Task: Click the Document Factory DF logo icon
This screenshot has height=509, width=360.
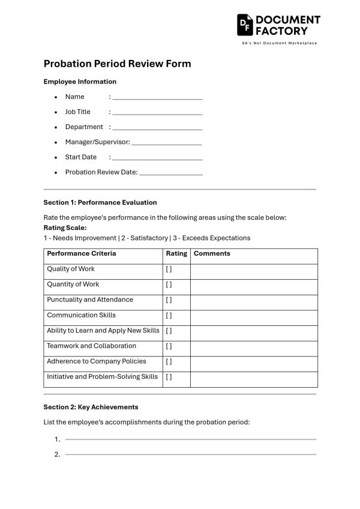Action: [x=245, y=25]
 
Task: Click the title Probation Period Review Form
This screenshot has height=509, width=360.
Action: [x=117, y=64]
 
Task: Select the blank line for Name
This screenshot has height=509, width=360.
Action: [x=157, y=97]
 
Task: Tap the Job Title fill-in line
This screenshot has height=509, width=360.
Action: [x=157, y=112]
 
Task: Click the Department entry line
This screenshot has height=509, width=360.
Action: [x=157, y=127]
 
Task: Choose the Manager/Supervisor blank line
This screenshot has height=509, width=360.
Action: [x=166, y=143]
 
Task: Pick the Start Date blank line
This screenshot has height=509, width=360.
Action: [x=157, y=158]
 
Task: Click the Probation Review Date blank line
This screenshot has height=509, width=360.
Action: [x=170, y=173]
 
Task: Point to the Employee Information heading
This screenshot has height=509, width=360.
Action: [x=80, y=82]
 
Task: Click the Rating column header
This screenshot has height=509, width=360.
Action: [x=176, y=254]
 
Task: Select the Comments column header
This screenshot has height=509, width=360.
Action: [x=212, y=254]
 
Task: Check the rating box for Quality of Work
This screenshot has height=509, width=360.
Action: [x=169, y=270]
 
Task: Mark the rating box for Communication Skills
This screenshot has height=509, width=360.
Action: [x=169, y=316]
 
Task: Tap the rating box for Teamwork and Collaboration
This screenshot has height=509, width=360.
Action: [x=169, y=346]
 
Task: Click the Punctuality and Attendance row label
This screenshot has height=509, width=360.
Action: [x=90, y=300]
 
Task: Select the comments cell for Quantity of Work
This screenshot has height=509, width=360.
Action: [x=254, y=285]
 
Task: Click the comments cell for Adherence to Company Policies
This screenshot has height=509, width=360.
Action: [x=254, y=362]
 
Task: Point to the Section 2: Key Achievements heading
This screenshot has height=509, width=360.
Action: [x=91, y=407]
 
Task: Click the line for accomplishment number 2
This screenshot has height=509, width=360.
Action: [x=190, y=454]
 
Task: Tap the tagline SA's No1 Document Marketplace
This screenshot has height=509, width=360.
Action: [x=279, y=43]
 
